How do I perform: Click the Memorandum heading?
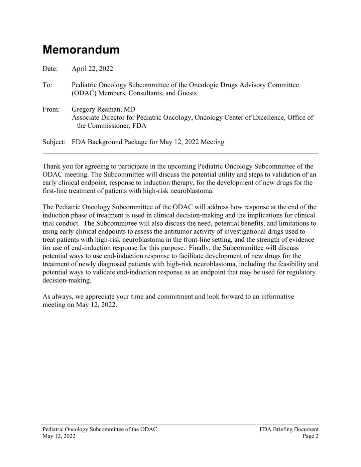[x=81, y=50]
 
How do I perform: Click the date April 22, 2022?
[x=92, y=69]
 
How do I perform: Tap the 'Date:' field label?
[x=50, y=69]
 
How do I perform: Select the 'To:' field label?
[x=47, y=85]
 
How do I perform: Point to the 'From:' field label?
[x=51, y=110]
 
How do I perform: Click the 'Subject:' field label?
[x=54, y=142]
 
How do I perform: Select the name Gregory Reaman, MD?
[x=103, y=110]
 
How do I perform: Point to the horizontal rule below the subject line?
[x=180, y=153]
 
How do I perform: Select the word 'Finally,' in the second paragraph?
[x=200, y=248]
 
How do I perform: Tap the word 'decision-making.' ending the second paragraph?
[x=67, y=280]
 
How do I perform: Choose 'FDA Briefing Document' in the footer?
[x=289, y=430]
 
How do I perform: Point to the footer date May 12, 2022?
[x=59, y=436]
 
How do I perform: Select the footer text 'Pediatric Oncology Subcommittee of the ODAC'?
[x=100, y=430]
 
